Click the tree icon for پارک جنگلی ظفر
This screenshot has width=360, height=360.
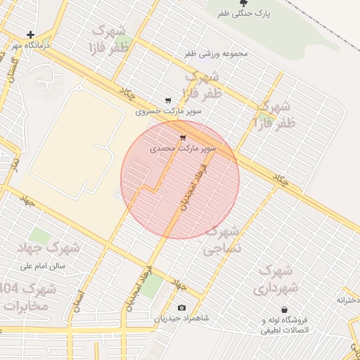[244, 4]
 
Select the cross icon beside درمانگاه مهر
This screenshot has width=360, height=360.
[30, 34]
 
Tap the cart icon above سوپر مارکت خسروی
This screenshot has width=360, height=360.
[167, 101]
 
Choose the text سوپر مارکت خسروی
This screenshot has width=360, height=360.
[169, 111]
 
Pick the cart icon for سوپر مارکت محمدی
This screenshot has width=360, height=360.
[183, 138]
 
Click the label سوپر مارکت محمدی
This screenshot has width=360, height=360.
[183, 149]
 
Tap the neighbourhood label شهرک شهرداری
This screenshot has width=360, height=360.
[277, 279]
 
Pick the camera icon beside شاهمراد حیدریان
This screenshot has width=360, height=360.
[182, 307]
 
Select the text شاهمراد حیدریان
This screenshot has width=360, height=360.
[182, 319]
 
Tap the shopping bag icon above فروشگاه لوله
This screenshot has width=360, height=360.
[284, 309]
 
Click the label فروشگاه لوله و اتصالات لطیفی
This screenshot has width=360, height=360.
[290, 325]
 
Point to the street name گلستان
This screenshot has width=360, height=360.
[12, 69]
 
